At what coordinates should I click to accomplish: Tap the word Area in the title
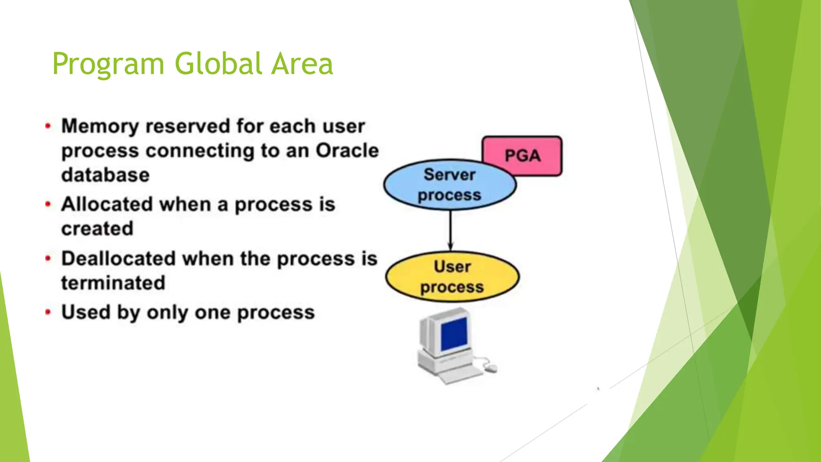(x=302, y=64)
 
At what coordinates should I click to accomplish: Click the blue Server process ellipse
(x=449, y=185)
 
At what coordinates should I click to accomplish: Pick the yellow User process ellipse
(x=452, y=277)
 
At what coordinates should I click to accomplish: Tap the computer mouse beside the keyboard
(x=491, y=367)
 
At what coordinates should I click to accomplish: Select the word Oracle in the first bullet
(x=347, y=151)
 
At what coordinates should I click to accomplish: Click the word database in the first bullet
(x=105, y=175)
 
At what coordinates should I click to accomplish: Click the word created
(x=97, y=229)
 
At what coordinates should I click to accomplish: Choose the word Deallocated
(x=119, y=258)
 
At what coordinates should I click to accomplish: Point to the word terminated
(x=113, y=283)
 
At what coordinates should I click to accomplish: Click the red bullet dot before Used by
(x=48, y=312)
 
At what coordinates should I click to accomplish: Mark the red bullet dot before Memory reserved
(x=48, y=126)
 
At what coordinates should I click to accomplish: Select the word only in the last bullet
(x=167, y=313)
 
